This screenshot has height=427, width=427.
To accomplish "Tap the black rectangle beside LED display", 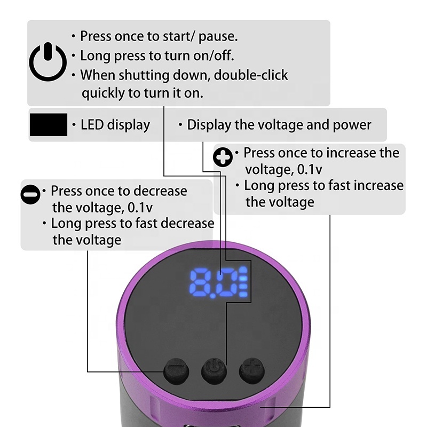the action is point(49,125).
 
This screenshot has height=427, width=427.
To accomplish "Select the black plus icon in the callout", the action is point(223,157).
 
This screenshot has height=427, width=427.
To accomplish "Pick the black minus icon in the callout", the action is point(30,194).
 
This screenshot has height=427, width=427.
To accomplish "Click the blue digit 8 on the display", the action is point(200,283).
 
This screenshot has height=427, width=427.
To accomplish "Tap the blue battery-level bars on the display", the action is point(243,282).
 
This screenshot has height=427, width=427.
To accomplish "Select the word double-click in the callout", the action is point(251,75).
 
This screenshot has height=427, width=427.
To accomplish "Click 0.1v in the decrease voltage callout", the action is point(140,208).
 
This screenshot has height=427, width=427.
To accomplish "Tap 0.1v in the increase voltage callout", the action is point(310,169).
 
